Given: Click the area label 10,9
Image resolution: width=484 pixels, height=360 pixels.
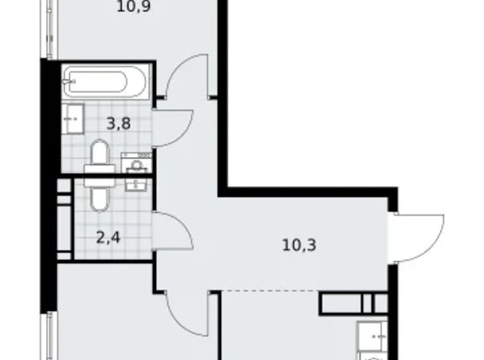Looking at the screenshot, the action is (x=133, y=7).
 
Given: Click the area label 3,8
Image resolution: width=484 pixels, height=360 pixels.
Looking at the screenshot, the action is (x=119, y=124).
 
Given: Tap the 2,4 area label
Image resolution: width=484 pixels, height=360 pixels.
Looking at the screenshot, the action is (x=108, y=238).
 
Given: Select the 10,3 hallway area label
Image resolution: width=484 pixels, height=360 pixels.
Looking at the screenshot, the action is (x=299, y=245).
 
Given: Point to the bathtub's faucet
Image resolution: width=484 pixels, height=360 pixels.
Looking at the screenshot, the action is (x=69, y=81).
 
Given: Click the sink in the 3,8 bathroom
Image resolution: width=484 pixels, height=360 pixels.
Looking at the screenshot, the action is (x=73, y=119).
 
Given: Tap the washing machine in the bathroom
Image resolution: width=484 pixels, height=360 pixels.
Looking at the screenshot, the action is (x=137, y=163).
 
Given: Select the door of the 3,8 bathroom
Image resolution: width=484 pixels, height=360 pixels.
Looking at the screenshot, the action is (x=173, y=128).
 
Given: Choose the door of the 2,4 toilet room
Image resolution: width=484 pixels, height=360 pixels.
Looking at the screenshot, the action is (x=173, y=230).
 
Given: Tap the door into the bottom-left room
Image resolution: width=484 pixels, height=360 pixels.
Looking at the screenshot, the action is (x=187, y=313).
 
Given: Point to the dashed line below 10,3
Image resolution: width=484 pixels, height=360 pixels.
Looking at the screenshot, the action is (x=271, y=290).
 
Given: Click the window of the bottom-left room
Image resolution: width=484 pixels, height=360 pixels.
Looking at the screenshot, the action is (x=49, y=336).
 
